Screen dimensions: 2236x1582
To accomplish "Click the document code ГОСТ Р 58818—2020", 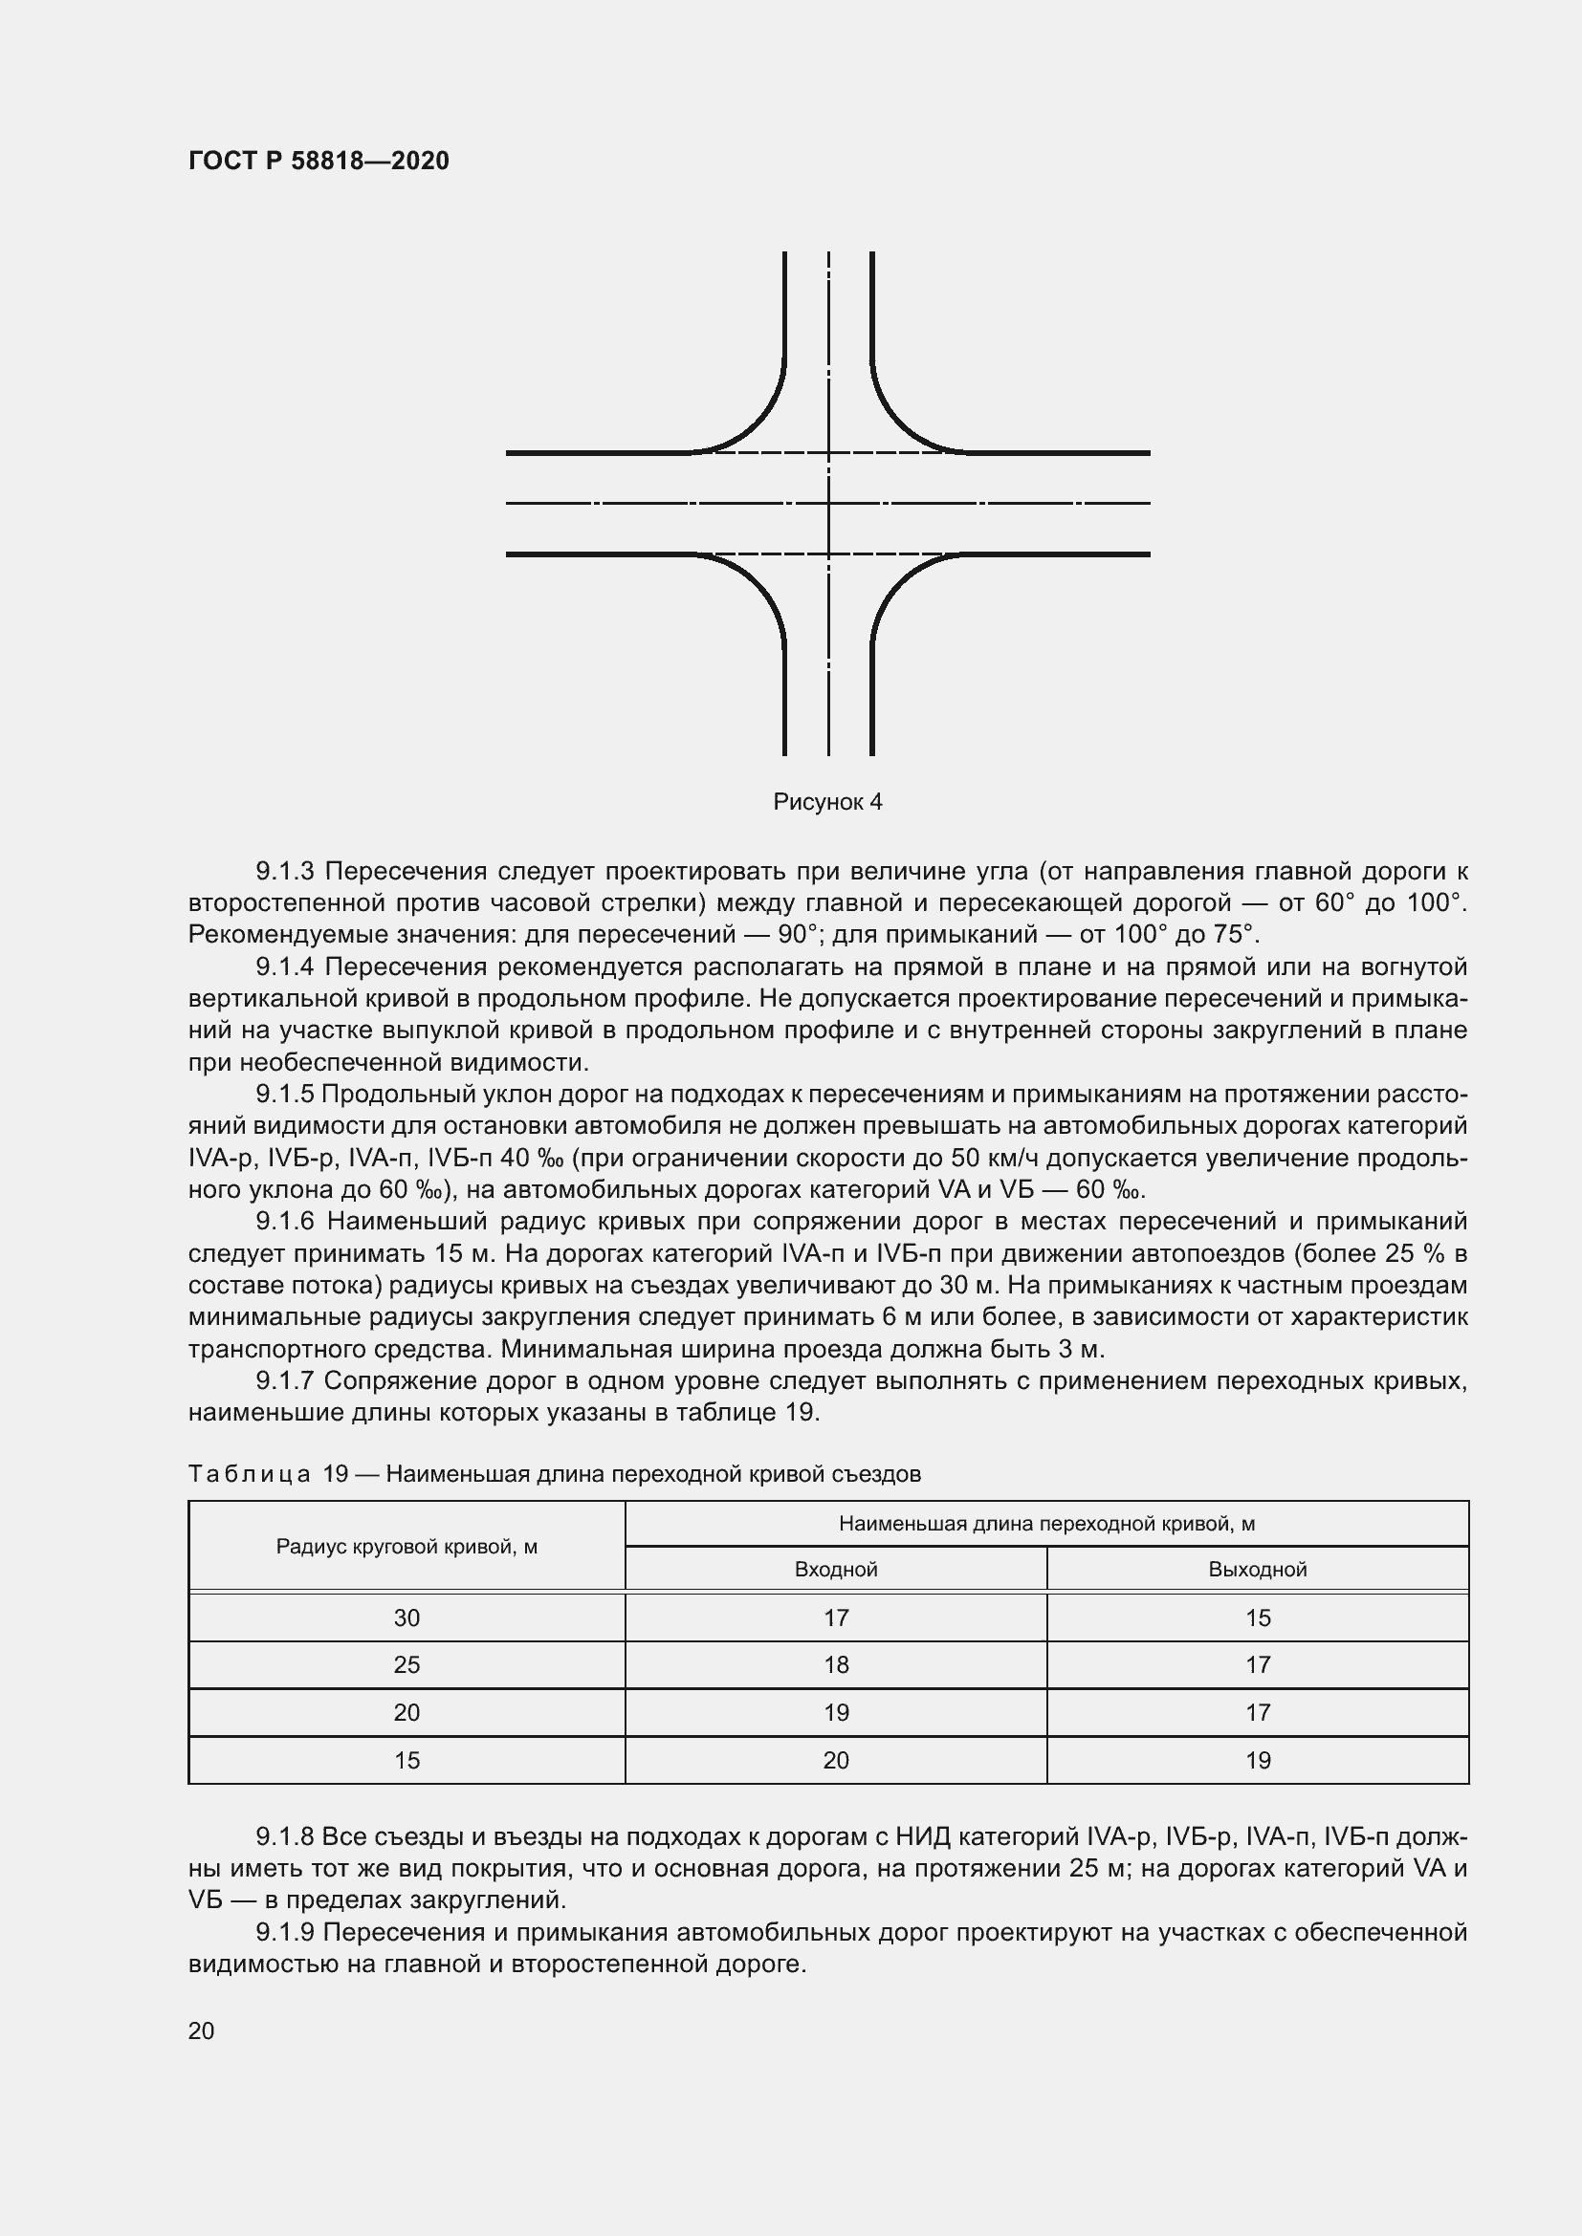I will [x=319, y=161].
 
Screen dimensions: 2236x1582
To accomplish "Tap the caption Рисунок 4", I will [x=827, y=801].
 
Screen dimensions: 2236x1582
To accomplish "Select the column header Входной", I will [x=836, y=1570].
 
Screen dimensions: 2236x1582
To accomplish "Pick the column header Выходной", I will [x=1257, y=1570].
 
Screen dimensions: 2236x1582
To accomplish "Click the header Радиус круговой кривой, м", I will [x=406, y=1547].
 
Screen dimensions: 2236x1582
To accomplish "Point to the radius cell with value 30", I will [x=406, y=1617].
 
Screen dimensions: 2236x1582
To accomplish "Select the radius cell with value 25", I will [x=406, y=1664].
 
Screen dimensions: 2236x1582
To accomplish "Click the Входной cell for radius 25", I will [x=836, y=1664].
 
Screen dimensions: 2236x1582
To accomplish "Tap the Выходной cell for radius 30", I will [x=1257, y=1617].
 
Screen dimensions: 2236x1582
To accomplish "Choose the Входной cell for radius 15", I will [x=836, y=1760].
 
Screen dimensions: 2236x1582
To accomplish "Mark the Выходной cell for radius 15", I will [x=1257, y=1760].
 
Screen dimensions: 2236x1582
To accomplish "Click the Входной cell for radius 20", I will [x=836, y=1712].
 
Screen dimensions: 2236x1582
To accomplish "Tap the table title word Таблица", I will [x=250, y=1474].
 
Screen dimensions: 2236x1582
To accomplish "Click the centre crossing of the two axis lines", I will [x=828, y=504].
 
